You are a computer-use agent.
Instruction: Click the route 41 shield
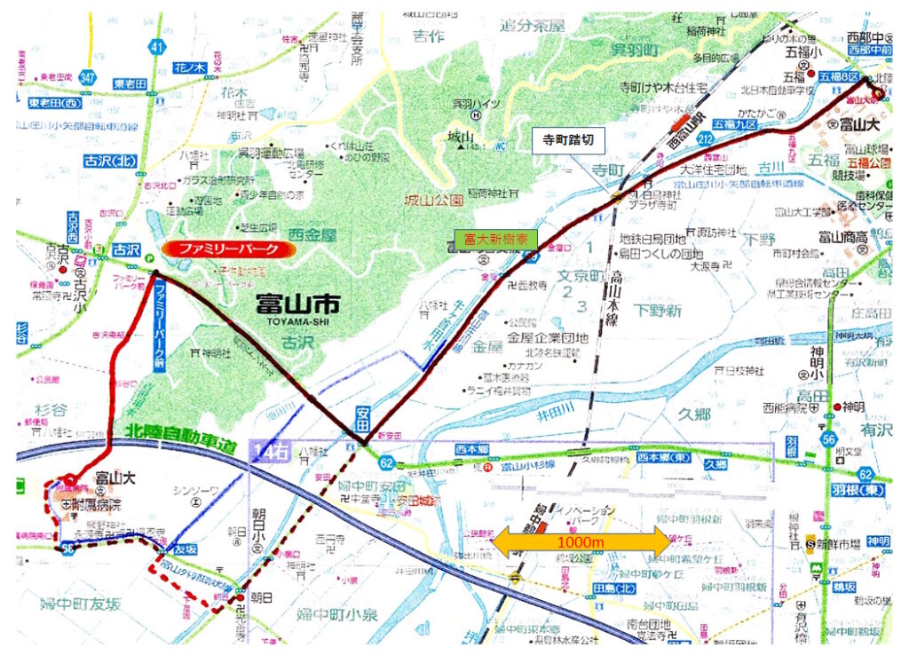coord(157,45)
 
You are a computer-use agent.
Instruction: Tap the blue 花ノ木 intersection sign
coord(188,67)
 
